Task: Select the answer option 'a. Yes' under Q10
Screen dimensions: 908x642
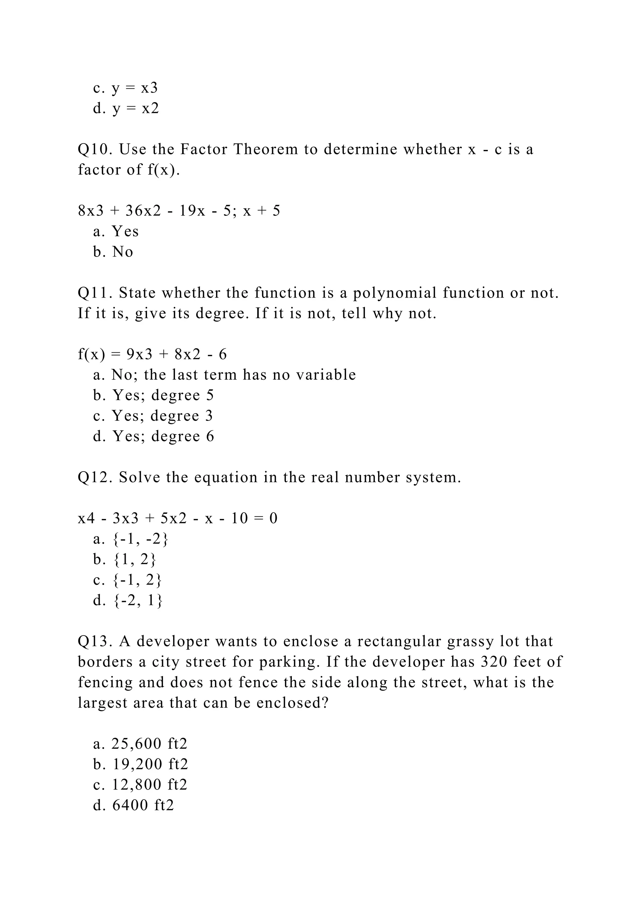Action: coord(116,231)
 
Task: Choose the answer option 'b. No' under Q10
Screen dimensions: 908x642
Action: coord(113,252)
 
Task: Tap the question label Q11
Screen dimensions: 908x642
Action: coord(94,293)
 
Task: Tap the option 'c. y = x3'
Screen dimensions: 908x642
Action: coord(125,88)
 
